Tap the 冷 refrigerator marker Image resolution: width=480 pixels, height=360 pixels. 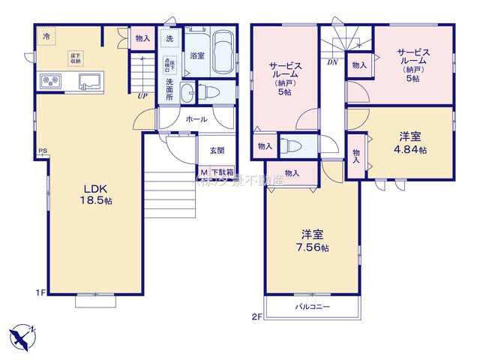tap(46, 36)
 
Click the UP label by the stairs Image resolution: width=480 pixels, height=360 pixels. tap(142, 96)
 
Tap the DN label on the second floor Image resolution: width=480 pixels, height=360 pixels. tap(331, 62)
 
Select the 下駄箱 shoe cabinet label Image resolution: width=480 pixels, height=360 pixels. tap(221, 172)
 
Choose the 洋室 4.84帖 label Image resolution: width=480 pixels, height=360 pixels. tap(412, 143)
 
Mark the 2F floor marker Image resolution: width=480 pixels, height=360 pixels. tap(256, 317)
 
